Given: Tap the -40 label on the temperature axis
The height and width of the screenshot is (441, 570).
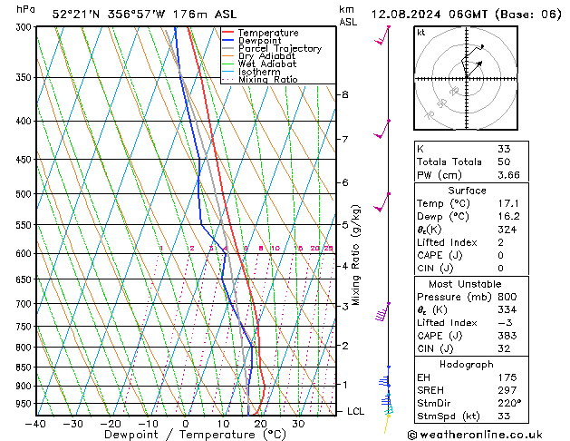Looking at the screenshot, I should [36, 424].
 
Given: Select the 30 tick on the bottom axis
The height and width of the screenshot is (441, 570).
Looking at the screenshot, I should [297, 424].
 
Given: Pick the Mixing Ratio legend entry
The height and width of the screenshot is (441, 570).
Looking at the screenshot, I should [267, 80].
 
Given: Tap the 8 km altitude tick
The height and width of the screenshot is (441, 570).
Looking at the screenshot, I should [345, 94].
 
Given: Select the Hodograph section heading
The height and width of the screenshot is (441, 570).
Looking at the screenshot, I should [467, 364].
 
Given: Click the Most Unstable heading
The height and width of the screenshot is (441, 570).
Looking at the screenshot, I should [467, 283].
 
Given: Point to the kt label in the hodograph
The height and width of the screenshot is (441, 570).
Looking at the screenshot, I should [420, 33].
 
